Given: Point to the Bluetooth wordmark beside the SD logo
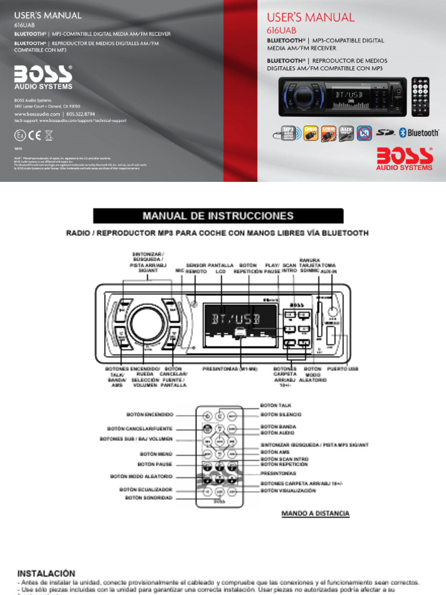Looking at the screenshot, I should (x=423, y=133).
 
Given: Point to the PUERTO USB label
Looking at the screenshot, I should (x=343, y=369).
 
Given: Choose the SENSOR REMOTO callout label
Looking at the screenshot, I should (x=196, y=268).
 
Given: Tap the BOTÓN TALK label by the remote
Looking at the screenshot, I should (x=276, y=404).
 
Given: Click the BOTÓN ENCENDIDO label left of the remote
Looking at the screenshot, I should (x=150, y=415).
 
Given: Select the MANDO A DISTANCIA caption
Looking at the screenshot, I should (x=315, y=514).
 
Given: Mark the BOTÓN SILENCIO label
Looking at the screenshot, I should (x=281, y=415).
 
